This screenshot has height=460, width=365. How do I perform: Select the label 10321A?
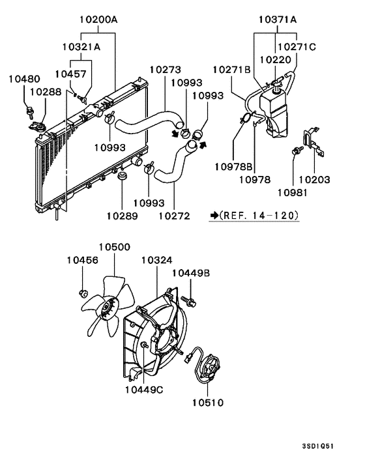(81, 47)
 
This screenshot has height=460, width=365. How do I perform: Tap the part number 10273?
(166, 70)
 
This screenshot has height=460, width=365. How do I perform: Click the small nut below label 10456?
(83, 291)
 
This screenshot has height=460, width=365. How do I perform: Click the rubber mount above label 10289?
(122, 176)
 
